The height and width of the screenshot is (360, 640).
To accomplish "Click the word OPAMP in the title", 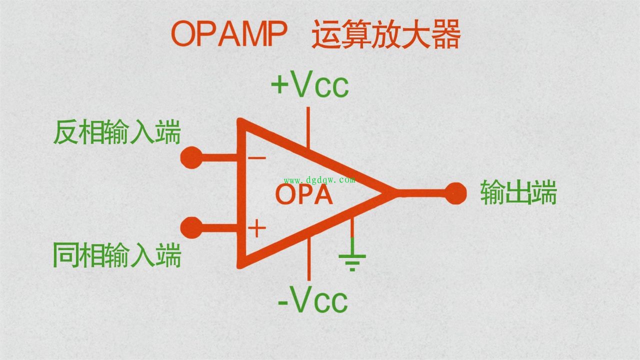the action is (229, 33).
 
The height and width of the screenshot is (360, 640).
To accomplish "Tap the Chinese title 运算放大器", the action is (386, 34).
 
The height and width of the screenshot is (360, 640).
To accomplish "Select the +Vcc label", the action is (310, 84).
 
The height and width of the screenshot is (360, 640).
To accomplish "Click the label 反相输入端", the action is (117, 132).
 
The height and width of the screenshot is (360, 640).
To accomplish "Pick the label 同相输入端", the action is (117, 255).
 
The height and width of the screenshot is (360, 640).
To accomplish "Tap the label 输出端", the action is (518, 192).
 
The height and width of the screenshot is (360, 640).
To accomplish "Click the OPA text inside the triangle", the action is (304, 194).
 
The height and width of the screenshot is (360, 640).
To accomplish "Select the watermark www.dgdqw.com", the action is (319, 180).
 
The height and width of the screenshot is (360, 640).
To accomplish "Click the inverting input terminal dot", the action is (191, 157).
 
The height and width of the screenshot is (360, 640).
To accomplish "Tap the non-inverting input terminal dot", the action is (191, 228).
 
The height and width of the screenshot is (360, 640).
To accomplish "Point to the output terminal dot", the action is (455, 193).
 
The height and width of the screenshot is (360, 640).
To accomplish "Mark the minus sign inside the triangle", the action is (257, 157).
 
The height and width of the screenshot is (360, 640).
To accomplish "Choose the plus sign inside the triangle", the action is (257, 228).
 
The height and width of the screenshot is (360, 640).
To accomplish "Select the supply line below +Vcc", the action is (308, 127).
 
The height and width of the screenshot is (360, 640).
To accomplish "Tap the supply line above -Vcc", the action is (309, 259).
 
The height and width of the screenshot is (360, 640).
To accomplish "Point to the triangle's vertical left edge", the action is (241, 193).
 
